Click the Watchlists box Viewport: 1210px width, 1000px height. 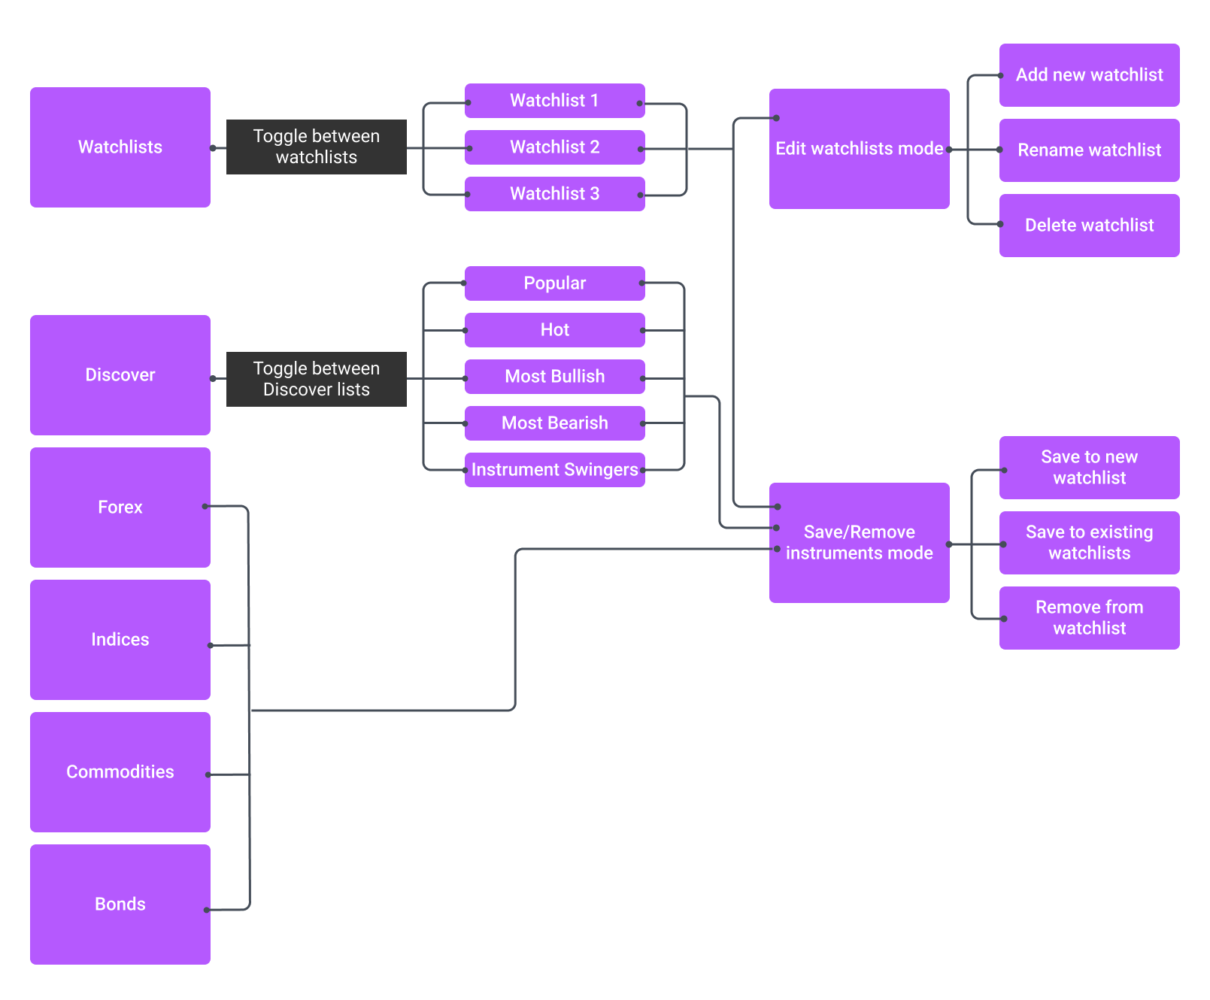coord(120,147)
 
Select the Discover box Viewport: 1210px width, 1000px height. coord(120,375)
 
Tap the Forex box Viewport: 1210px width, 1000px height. coord(120,508)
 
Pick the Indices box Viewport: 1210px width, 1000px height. coord(120,640)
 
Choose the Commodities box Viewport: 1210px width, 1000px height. coord(120,772)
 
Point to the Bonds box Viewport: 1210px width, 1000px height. coord(120,905)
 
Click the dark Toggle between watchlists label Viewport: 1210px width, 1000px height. coord(316,147)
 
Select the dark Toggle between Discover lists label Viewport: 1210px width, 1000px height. coord(316,379)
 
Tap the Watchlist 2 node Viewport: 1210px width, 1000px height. coord(554,147)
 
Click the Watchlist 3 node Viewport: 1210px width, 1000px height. coord(554,194)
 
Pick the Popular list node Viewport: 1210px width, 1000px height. coord(554,283)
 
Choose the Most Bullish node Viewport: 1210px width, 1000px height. coord(554,377)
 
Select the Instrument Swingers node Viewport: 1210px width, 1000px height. coord(554,470)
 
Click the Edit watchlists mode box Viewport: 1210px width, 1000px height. coord(859,149)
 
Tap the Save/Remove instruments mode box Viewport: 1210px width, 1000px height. coord(859,543)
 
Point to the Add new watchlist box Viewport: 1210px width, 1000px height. coord(1089,75)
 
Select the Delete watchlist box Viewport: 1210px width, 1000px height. coord(1089,226)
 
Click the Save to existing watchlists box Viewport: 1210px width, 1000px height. coord(1089,543)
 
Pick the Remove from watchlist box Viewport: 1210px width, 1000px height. coord(1089,618)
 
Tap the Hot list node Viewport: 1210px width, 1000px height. coord(554,330)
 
